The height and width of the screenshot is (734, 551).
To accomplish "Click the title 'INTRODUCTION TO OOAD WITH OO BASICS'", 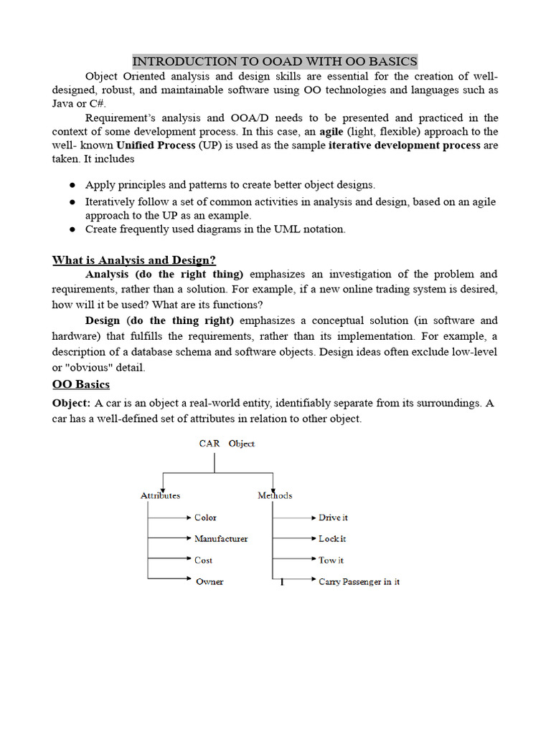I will (275, 61).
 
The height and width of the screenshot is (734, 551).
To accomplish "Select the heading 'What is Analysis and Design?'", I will (133, 259).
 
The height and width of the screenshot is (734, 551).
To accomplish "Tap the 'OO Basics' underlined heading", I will (80, 384).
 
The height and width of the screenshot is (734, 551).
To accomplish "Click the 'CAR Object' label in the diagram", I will (227, 444).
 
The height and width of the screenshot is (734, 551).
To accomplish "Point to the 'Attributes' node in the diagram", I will (160, 495).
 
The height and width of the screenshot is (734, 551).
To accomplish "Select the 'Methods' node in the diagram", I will (275, 495).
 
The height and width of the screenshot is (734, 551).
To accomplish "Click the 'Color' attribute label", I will (205, 517).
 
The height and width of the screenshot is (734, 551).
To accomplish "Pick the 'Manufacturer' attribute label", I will (221, 538).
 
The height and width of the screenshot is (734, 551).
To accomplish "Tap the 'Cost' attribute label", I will (203, 560).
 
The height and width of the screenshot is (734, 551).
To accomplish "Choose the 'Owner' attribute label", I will (209, 581).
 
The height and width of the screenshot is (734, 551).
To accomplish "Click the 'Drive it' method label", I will (333, 517).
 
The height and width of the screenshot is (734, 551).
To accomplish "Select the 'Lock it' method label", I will (332, 538).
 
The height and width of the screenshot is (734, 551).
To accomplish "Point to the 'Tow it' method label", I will (331, 560).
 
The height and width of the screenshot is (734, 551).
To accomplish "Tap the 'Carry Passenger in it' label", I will (359, 581).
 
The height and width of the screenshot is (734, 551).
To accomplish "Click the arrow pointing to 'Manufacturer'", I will (169, 538).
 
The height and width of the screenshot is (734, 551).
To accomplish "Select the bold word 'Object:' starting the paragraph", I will (72, 403).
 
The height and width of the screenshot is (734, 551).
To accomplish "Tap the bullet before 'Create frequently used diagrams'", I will (72, 229).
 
